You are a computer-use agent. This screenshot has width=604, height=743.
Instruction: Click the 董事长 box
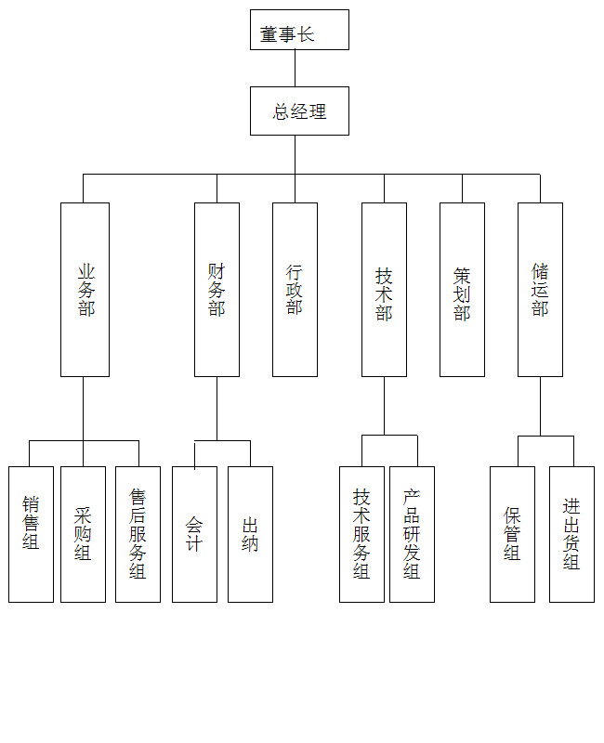point(299,30)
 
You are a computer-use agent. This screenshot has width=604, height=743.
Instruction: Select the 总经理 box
point(299,111)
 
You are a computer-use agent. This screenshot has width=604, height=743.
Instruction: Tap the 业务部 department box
point(85,290)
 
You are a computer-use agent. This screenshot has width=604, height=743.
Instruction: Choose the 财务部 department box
point(217,290)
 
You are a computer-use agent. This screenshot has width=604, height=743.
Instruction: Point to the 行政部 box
point(295,290)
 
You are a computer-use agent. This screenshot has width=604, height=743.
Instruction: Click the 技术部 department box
point(384,290)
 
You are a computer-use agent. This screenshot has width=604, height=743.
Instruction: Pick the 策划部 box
point(462,290)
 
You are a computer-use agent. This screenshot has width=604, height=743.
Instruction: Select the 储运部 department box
point(540,290)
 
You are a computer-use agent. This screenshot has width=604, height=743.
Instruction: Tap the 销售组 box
point(31,534)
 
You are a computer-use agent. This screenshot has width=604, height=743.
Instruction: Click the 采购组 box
point(83,534)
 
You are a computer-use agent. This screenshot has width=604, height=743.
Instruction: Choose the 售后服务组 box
point(138,534)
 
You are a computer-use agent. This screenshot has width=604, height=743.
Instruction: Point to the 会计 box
point(194,534)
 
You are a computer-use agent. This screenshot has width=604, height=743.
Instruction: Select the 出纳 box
point(250,534)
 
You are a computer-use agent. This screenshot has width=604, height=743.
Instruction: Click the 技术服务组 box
point(361,534)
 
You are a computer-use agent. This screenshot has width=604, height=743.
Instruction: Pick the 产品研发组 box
point(412,534)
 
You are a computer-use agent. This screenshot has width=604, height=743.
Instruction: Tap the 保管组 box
point(512,534)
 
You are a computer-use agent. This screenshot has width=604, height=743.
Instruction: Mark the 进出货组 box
point(571,534)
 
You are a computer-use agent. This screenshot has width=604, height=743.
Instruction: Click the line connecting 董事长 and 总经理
point(295,68)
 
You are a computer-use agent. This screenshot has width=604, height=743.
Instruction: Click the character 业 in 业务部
point(86,271)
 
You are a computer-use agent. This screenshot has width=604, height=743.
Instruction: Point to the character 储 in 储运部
point(540,271)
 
